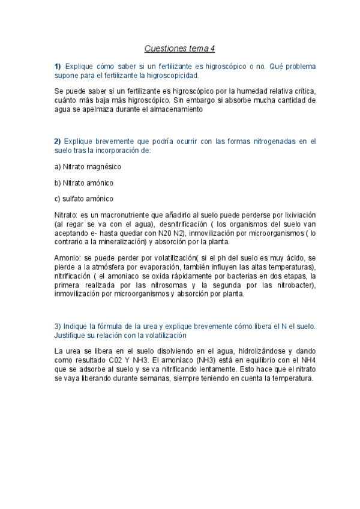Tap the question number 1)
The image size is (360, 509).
[x=58, y=66]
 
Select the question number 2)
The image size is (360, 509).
[x=58, y=141]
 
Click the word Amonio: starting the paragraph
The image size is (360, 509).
[x=67, y=258]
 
